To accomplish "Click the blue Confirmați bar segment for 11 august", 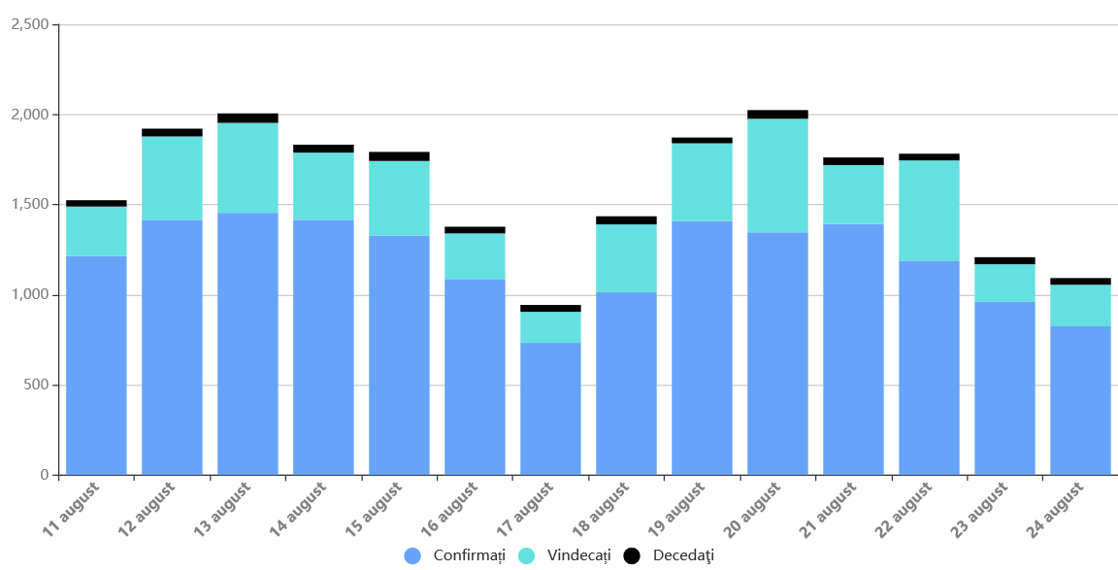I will point(96,365).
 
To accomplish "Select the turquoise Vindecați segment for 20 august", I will point(777,175).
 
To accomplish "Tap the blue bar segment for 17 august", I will point(550,409).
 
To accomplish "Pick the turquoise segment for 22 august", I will point(929,210).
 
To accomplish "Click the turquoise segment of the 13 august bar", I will point(247,167).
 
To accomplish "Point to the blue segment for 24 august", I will point(1080,400).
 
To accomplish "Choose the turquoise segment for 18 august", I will point(626,258).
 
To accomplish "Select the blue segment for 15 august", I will point(399,355).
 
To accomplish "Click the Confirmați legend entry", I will point(470,555).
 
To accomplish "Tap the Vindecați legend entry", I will point(578,555).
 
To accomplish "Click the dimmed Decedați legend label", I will point(683,555).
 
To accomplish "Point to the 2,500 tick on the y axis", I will point(29,24).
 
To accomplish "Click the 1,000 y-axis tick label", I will point(29,295).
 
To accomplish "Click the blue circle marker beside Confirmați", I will point(412,555).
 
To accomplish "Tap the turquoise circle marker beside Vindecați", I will point(527,555).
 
